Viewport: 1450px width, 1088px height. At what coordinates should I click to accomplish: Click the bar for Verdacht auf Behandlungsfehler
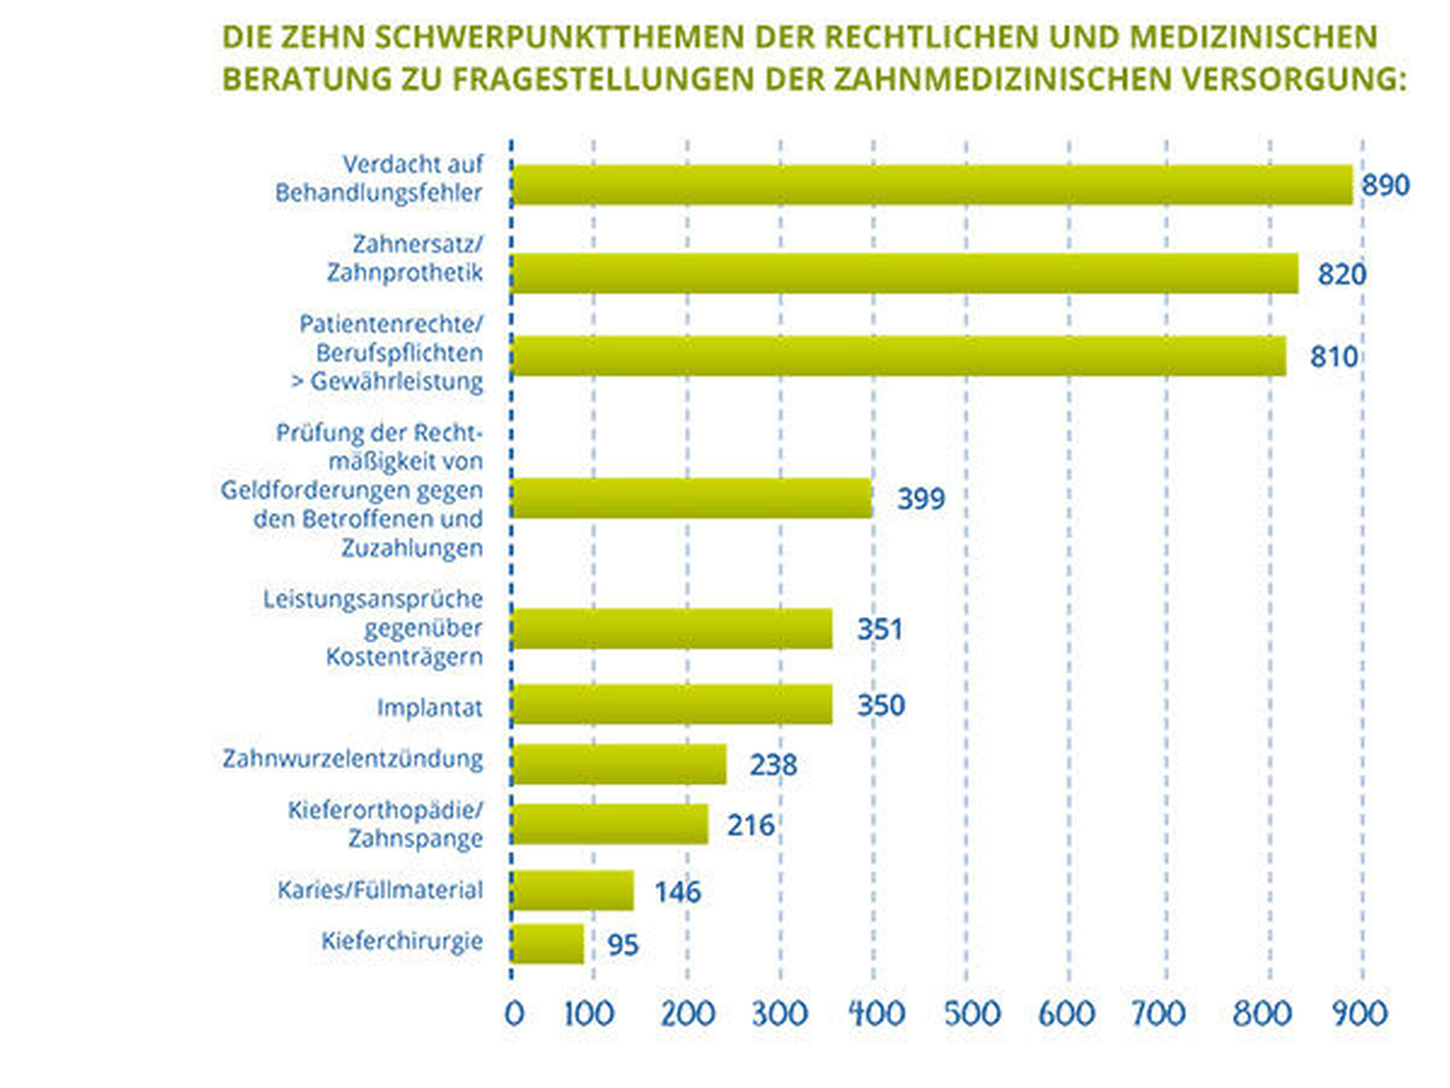931,185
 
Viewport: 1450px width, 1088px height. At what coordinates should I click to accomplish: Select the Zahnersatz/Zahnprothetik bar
904,273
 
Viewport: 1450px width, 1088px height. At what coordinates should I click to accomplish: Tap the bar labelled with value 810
898,356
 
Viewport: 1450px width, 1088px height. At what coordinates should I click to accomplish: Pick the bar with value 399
691,498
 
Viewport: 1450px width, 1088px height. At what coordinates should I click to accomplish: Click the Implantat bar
672,704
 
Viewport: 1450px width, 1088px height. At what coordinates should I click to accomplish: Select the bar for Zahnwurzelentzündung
619,764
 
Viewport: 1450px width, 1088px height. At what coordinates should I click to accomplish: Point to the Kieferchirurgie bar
547,944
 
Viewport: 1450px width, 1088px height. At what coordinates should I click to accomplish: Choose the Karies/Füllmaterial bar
572,890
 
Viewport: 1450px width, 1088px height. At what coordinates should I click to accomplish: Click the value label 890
1385,186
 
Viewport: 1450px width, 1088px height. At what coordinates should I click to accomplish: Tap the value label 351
880,629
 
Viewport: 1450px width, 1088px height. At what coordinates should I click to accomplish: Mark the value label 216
750,825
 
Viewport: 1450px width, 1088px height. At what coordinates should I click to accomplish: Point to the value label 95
623,945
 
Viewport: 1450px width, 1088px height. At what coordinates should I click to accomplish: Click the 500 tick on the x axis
971,1014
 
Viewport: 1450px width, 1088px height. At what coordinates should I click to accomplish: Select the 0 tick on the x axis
514,1014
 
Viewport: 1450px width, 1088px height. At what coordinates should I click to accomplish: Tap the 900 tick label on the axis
1359,1014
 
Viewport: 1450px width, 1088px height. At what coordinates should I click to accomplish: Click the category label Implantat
430,708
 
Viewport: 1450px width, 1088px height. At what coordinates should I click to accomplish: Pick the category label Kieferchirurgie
402,941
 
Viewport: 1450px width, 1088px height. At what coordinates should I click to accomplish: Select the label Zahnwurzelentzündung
353,759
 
